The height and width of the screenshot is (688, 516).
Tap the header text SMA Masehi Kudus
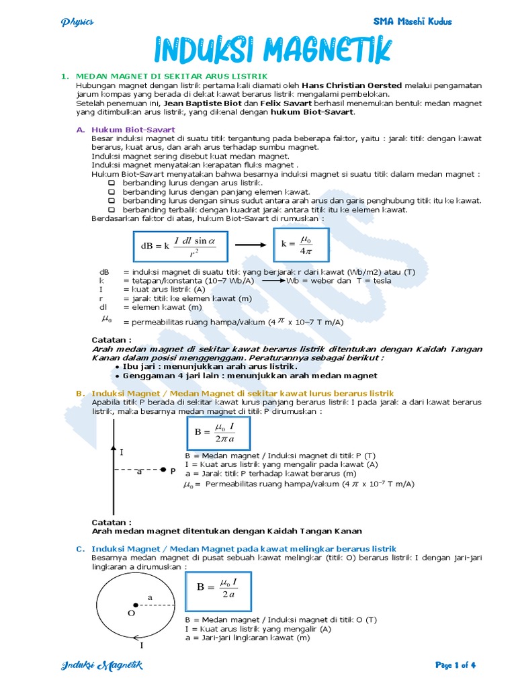(413, 21)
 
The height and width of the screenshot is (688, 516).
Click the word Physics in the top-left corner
(77, 21)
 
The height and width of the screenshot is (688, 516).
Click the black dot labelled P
(163, 470)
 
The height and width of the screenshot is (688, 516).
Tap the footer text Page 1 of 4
(456, 665)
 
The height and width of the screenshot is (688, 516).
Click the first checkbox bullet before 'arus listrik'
(112, 183)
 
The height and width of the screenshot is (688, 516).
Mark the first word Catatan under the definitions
(112, 340)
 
